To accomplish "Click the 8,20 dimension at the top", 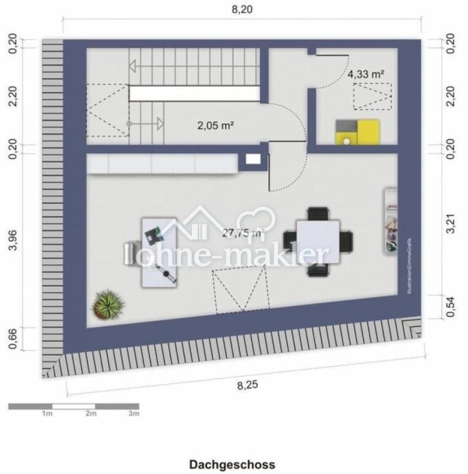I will click(x=242, y=10).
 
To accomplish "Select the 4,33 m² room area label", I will click(x=365, y=74).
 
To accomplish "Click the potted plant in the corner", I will click(x=108, y=304).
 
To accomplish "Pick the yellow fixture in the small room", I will click(x=358, y=132).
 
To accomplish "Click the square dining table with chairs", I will click(x=318, y=241).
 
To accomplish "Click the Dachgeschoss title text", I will click(x=232, y=465).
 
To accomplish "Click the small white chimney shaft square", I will click(x=253, y=159).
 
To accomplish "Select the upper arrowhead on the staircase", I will click(x=132, y=66).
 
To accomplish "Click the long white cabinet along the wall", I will click(x=162, y=164).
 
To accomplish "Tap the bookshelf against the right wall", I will click(x=391, y=221).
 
